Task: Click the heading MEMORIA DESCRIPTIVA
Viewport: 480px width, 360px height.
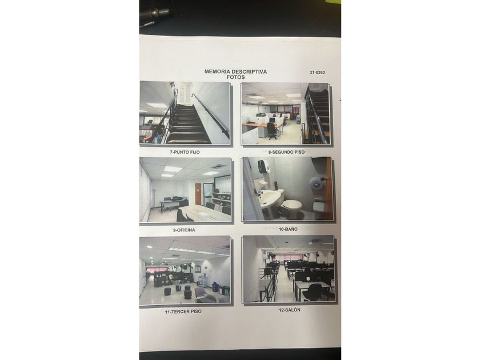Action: (x=235, y=71)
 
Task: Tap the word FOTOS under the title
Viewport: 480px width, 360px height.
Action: (x=235, y=77)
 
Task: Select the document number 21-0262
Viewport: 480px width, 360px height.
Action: (x=317, y=73)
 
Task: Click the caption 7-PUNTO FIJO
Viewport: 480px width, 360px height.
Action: (x=185, y=152)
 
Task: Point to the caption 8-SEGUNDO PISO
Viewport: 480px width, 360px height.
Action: (x=286, y=152)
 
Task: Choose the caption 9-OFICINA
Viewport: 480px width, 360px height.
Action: (x=183, y=230)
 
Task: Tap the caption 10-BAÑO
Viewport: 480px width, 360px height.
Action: (x=288, y=229)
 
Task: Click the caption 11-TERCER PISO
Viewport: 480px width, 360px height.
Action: (x=183, y=311)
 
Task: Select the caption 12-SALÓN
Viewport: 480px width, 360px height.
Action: (x=289, y=310)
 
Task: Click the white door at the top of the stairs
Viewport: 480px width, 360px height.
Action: (x=185, y=93)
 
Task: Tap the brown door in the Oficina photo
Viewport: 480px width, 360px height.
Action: (x=198, y=194)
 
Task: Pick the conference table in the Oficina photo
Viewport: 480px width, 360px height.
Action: (x=203, y=213)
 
